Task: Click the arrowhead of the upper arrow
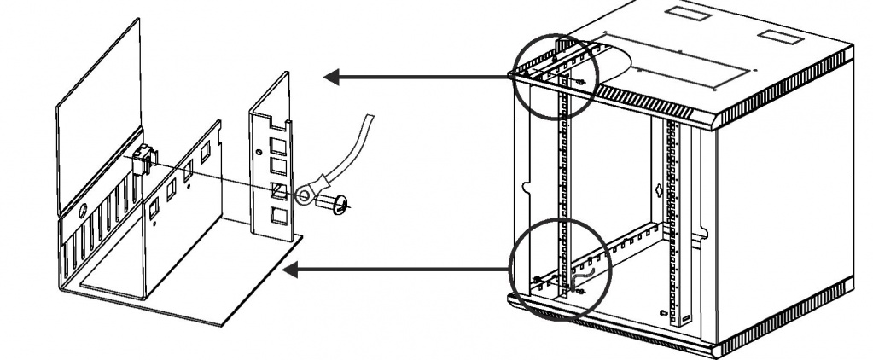[x=333, y=78]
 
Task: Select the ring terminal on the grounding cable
[x=306, y=197]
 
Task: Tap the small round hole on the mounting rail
[x=259, y=153]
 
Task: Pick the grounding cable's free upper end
[x=369, y=120]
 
